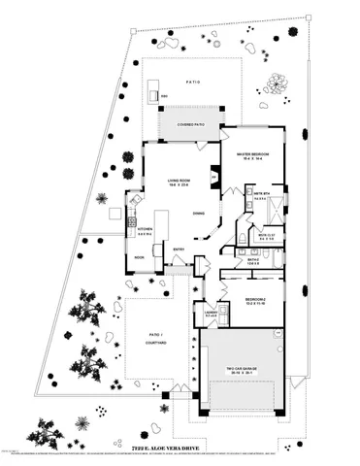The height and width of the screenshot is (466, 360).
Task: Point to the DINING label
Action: pyautogui.click(x=198, y=214)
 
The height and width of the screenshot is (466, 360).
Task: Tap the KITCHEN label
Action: pyautogui.click(x=145, y=232)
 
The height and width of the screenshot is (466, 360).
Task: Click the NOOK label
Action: pyautogui.click(x=140, y=258)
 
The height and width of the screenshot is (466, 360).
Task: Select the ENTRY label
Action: pyautogui.click(x=180, y=249)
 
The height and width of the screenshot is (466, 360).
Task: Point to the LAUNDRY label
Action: pyautogui.click(x=212, y=314)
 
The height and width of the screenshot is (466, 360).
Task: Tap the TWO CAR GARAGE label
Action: pyautogui.click(x=242, y=369)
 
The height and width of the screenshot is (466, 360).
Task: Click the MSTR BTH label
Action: pyautogui.click(x=261, y=197)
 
